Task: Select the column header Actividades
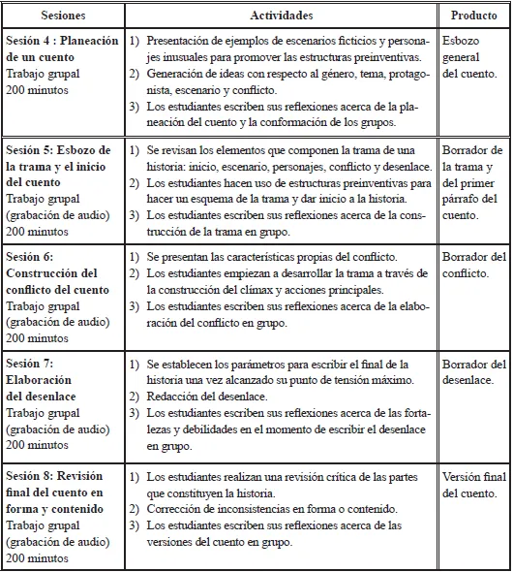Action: (287, 16)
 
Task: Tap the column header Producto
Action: (473, 16)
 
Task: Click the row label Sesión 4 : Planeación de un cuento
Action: (63, 48)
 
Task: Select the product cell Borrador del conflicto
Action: (473, 265)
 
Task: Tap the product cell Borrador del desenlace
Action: (473, 372)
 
